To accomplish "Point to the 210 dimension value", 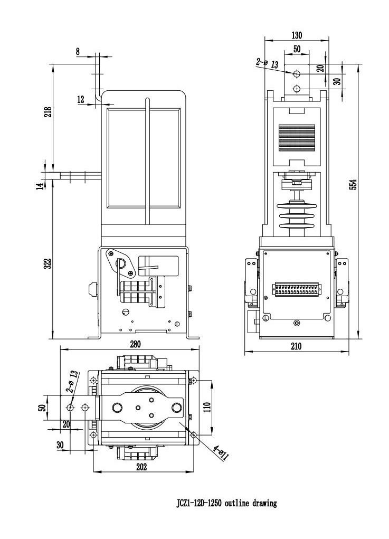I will pos(296,346).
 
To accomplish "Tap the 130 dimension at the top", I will pos(297,35).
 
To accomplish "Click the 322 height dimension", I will pos(48,264).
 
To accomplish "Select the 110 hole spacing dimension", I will pos(206,407).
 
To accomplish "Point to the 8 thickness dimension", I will pos(79,51).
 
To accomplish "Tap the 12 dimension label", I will pos(80,99).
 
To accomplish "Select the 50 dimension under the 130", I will pos(297,48).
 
